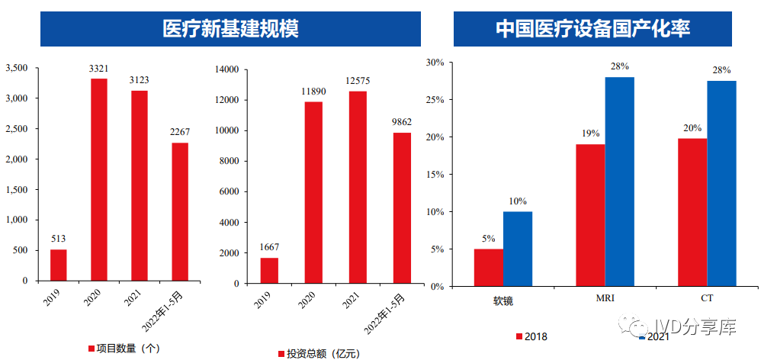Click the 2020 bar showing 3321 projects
pos(99,179)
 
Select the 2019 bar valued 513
pos(59,265)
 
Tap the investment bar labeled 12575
pos(358,187)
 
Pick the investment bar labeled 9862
pos(402,207)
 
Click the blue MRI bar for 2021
pos(620,182)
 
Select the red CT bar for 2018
pos(692,212)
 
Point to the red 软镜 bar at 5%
pos(489,268)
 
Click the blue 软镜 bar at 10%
pos(518,249)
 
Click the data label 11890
pos(313,92)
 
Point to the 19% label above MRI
pos(590,133)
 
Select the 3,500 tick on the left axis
pos(16,69)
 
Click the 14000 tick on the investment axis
pos(226,69)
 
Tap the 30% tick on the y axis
pos(434,63)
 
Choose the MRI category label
pos(605,298)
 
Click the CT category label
pos(707,298)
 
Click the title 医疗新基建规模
pos(230,29)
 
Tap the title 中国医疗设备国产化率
pos(592,29)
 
